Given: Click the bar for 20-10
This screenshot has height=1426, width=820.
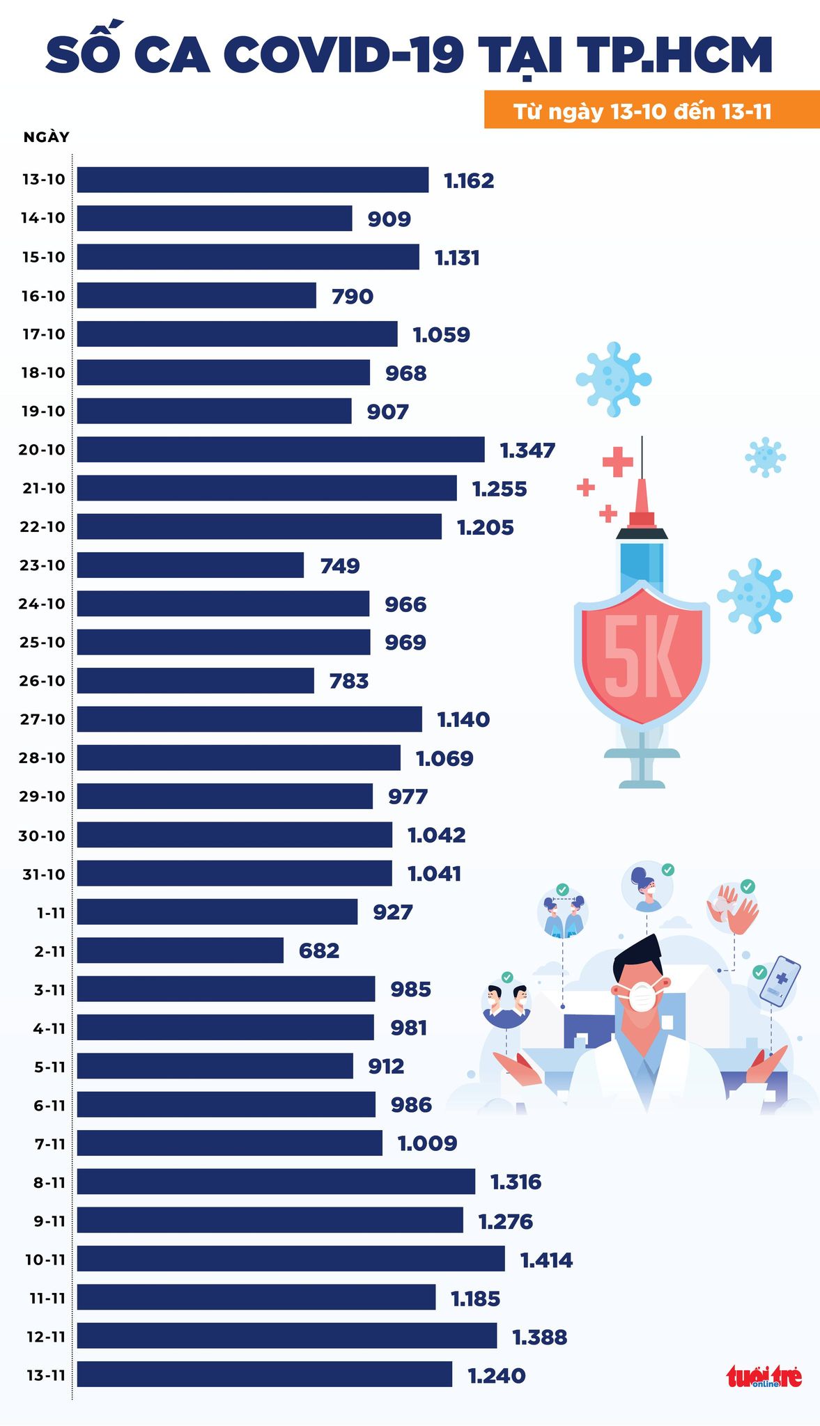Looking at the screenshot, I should click(x=281, y=449).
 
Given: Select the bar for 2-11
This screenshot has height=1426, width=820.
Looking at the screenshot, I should click(x=180, y=950).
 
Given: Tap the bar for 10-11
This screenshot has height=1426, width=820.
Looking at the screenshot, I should click(x=291, y=1259).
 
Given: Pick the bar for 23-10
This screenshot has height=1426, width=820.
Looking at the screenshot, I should click(x=190, y=565).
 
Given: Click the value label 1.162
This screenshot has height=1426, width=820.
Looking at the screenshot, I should click(x=469, y=180).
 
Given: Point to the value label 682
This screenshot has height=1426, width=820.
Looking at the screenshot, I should click(x=319, y=950).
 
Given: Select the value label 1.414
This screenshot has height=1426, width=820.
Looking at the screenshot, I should click(x=546, y=1260).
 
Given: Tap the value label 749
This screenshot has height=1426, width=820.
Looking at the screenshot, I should click(x=340, y=565).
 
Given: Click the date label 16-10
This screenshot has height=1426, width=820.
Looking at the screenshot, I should click(x=43, y=296).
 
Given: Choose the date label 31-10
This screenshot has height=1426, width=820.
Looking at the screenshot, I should click(x=43, y=874).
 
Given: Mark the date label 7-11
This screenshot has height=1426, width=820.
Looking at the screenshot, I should click(x=49, y=1143).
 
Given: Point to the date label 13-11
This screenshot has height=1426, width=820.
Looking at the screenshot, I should click(x=45, y=1375).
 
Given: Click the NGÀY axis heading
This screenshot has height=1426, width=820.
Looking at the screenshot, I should click(x=47, y=136).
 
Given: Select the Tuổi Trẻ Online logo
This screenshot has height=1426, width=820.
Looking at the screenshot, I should click(x=764, y=1376).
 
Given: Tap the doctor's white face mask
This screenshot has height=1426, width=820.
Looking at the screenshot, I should click(x=642, y=995).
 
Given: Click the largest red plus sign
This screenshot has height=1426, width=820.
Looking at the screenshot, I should click(x=617, y=462).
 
